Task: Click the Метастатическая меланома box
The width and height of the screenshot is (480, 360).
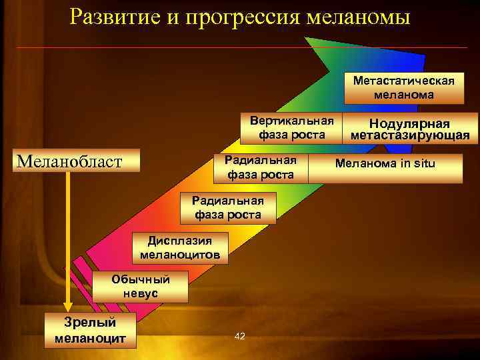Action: [x=404, y=87]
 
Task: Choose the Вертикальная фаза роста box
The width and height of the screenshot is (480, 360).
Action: [x=291, y=128]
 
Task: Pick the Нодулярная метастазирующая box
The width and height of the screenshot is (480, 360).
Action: [x=410, y=129]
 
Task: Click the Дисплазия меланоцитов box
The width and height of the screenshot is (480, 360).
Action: [x=180, y=248]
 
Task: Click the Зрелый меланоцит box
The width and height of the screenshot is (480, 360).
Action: [x=90, y=330]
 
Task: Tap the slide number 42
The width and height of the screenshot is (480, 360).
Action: [x=240, y=336]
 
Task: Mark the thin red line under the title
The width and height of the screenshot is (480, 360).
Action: [x=240, y=48]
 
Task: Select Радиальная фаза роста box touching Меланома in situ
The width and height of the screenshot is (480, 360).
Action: [x=261, y=168]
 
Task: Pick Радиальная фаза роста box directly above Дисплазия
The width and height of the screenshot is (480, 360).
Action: [x=228, y=207]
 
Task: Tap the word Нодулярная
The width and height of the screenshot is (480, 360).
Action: [x=410, y=124]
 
